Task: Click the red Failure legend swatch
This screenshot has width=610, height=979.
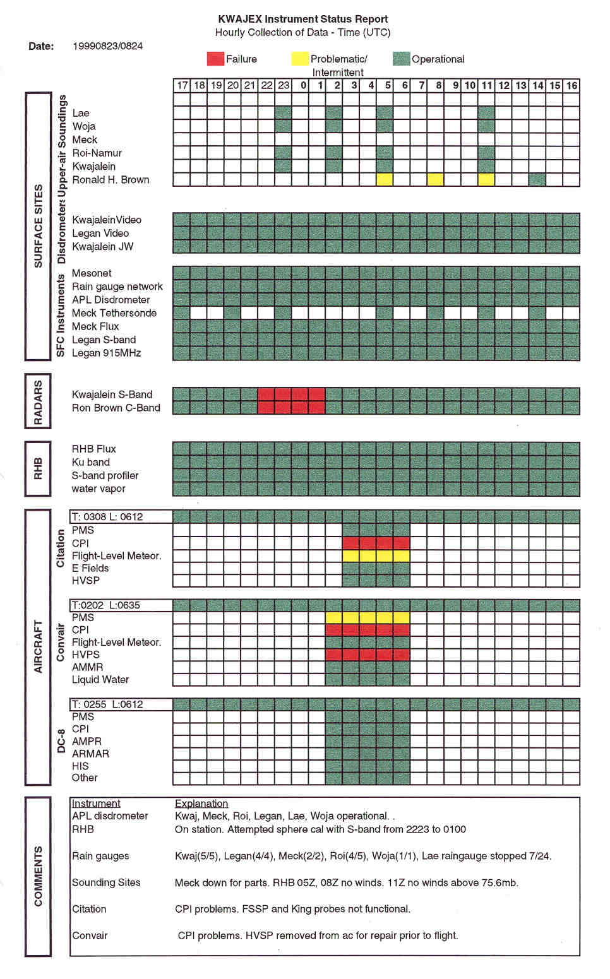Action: (215, 59)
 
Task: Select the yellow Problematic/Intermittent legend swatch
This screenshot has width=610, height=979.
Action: (300, 59)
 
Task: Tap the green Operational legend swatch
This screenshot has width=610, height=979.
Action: (401, 59)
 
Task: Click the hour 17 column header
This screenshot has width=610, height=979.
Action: (182, 85)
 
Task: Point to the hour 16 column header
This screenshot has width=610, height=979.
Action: (571, 85)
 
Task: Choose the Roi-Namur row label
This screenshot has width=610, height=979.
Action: (97, 153)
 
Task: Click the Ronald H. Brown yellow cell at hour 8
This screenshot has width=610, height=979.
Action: (435, 179)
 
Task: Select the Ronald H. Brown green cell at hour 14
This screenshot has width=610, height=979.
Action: (537, 179)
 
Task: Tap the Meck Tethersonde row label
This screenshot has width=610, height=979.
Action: (114, 313)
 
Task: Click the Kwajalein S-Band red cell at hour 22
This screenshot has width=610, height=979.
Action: (266, 395)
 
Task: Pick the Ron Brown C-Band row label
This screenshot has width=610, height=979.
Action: (116, 408)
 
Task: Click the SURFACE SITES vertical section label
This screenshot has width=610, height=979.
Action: (38, 226)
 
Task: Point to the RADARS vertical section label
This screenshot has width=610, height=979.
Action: (38, 401)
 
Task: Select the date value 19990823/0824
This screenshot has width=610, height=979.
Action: (107, 46)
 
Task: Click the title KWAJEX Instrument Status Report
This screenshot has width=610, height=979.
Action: (302, 19)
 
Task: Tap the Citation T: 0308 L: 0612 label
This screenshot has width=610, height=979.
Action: (107, 517)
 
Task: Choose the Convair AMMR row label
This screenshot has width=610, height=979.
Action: (87, 667)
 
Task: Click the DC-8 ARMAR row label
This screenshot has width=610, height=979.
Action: (90, 754)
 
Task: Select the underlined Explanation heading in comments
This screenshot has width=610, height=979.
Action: (201, 804)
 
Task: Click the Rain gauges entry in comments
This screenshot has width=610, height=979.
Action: (100, 856)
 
